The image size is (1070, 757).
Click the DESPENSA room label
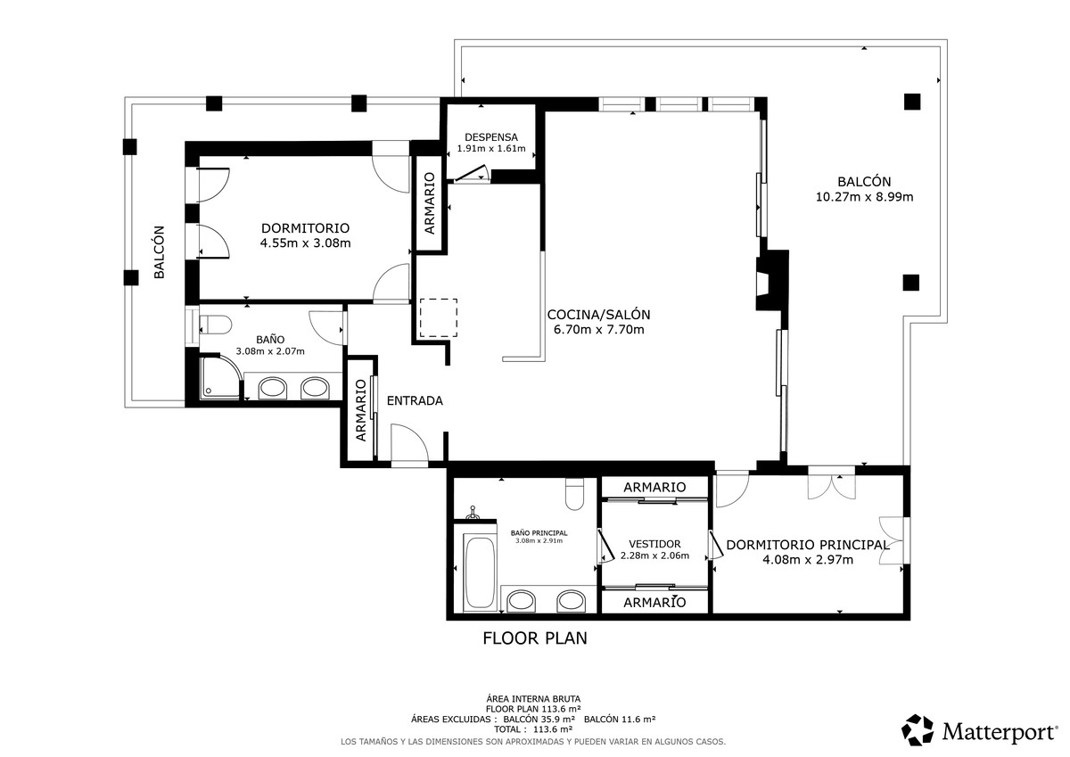tap(491, 137)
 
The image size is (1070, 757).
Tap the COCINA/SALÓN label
tap(598, 315)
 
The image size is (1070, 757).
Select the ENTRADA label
tap(415, 400)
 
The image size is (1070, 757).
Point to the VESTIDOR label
tap(654, 544)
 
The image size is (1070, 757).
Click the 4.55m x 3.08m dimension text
tap(305, 243)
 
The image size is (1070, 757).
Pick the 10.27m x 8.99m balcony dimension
tap(864, 197)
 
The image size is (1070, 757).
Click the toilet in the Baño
tap(216, 325)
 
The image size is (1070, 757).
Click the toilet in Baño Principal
tap(574, 494)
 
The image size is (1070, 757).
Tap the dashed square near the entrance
tap(439, 317)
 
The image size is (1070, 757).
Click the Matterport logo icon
tap(918, 729)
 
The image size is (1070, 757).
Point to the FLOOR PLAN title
tap(535, 638)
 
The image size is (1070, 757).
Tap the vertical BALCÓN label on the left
tap(159, 251)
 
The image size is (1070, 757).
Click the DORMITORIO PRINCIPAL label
tap(807, 545)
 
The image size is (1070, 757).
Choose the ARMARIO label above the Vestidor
tap(654, 487)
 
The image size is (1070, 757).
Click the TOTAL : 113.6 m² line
tap(534, 729)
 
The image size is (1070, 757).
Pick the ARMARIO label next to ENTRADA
tap(361, 410)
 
